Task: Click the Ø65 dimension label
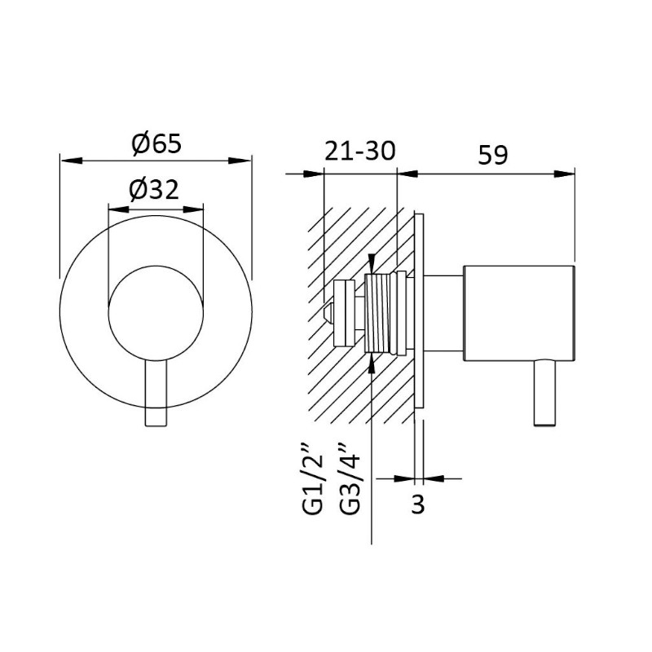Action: (156, 143)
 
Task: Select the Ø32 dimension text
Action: (154, 190)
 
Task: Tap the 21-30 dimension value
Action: (359, 151)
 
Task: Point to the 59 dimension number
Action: (493, 155)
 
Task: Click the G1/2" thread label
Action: (313, 478)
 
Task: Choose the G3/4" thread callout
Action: (349, 478)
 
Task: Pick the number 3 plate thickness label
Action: (418, 504)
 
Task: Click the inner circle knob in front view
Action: (156, 313)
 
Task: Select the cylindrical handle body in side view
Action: (519, 313)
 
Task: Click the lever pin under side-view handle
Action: (544, 393)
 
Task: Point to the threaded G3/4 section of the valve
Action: (377, 313)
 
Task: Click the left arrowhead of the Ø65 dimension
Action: (71, 160)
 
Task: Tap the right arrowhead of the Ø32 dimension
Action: (194, 209)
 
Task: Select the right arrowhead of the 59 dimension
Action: (564, 174)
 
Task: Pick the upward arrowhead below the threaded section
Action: (372, 363)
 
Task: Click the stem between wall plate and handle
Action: (443, 313)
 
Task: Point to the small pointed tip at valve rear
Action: (328, 313)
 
